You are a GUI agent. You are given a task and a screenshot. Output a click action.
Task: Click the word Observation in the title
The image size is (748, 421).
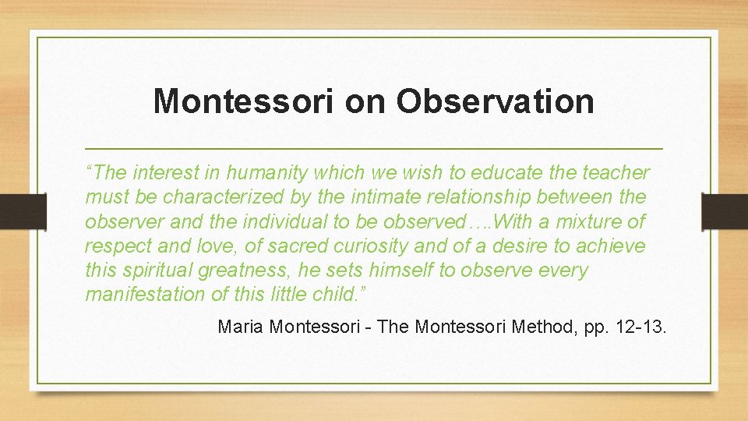495,101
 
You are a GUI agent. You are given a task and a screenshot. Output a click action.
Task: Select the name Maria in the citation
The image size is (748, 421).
240,327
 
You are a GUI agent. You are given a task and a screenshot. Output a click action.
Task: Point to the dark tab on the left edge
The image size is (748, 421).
12,211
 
